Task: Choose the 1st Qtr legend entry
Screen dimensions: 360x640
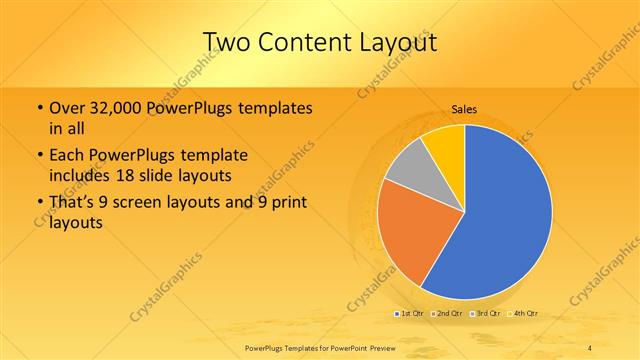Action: tap(410, 313)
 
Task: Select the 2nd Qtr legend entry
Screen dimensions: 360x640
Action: tap(447, 313)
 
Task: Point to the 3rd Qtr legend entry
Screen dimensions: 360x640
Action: tap(485, 313)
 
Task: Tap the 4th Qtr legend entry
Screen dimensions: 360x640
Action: tap(523, 313)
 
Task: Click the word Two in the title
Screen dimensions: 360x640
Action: tap(229, 42)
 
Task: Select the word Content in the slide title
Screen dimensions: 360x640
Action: tap(304, 42)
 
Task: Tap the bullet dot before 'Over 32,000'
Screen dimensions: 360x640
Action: tap(38, 108)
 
